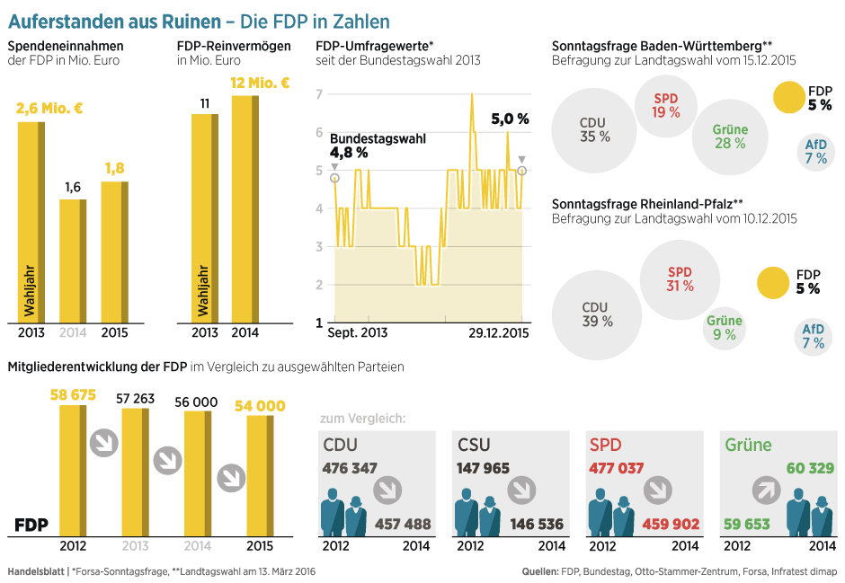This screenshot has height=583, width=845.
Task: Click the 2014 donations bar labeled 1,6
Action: [72, 261]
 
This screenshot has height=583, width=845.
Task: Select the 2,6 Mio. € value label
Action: [49, 109]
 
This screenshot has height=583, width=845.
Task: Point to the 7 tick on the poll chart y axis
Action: [319, 94]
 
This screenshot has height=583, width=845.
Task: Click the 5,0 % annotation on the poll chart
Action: [510, 119]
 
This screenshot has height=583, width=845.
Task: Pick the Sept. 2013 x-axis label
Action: [358, 333]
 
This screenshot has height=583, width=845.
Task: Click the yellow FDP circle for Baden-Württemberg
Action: [788, 98]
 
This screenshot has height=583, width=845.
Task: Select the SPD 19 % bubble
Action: [666, 106]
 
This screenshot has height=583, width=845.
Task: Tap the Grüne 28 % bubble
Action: [730, 137]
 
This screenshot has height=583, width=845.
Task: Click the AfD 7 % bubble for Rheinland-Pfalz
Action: [813, 336]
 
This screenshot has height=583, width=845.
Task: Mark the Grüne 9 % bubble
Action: [724, 328]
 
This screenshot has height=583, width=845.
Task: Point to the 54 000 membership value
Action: [260, 406]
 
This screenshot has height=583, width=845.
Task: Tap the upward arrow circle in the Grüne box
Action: [765, 490]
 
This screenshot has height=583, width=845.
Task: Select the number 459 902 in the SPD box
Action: [670, 524]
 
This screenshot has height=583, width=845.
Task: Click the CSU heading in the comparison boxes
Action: [475, 445]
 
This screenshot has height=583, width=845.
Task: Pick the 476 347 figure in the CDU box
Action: [350, 468]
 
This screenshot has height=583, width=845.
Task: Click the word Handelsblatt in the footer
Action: [34, 571]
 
